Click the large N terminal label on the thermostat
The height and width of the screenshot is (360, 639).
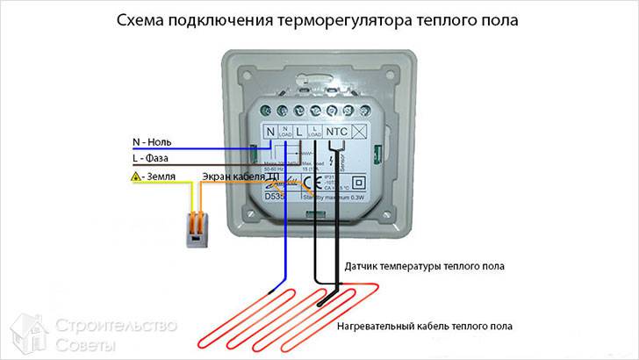click(x=269, y=132)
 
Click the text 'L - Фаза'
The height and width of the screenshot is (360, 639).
click(x=152, y=159)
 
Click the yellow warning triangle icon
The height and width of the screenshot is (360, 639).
click(x=134, y=177)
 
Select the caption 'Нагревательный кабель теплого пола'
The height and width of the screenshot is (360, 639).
click(x=424, y=327)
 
